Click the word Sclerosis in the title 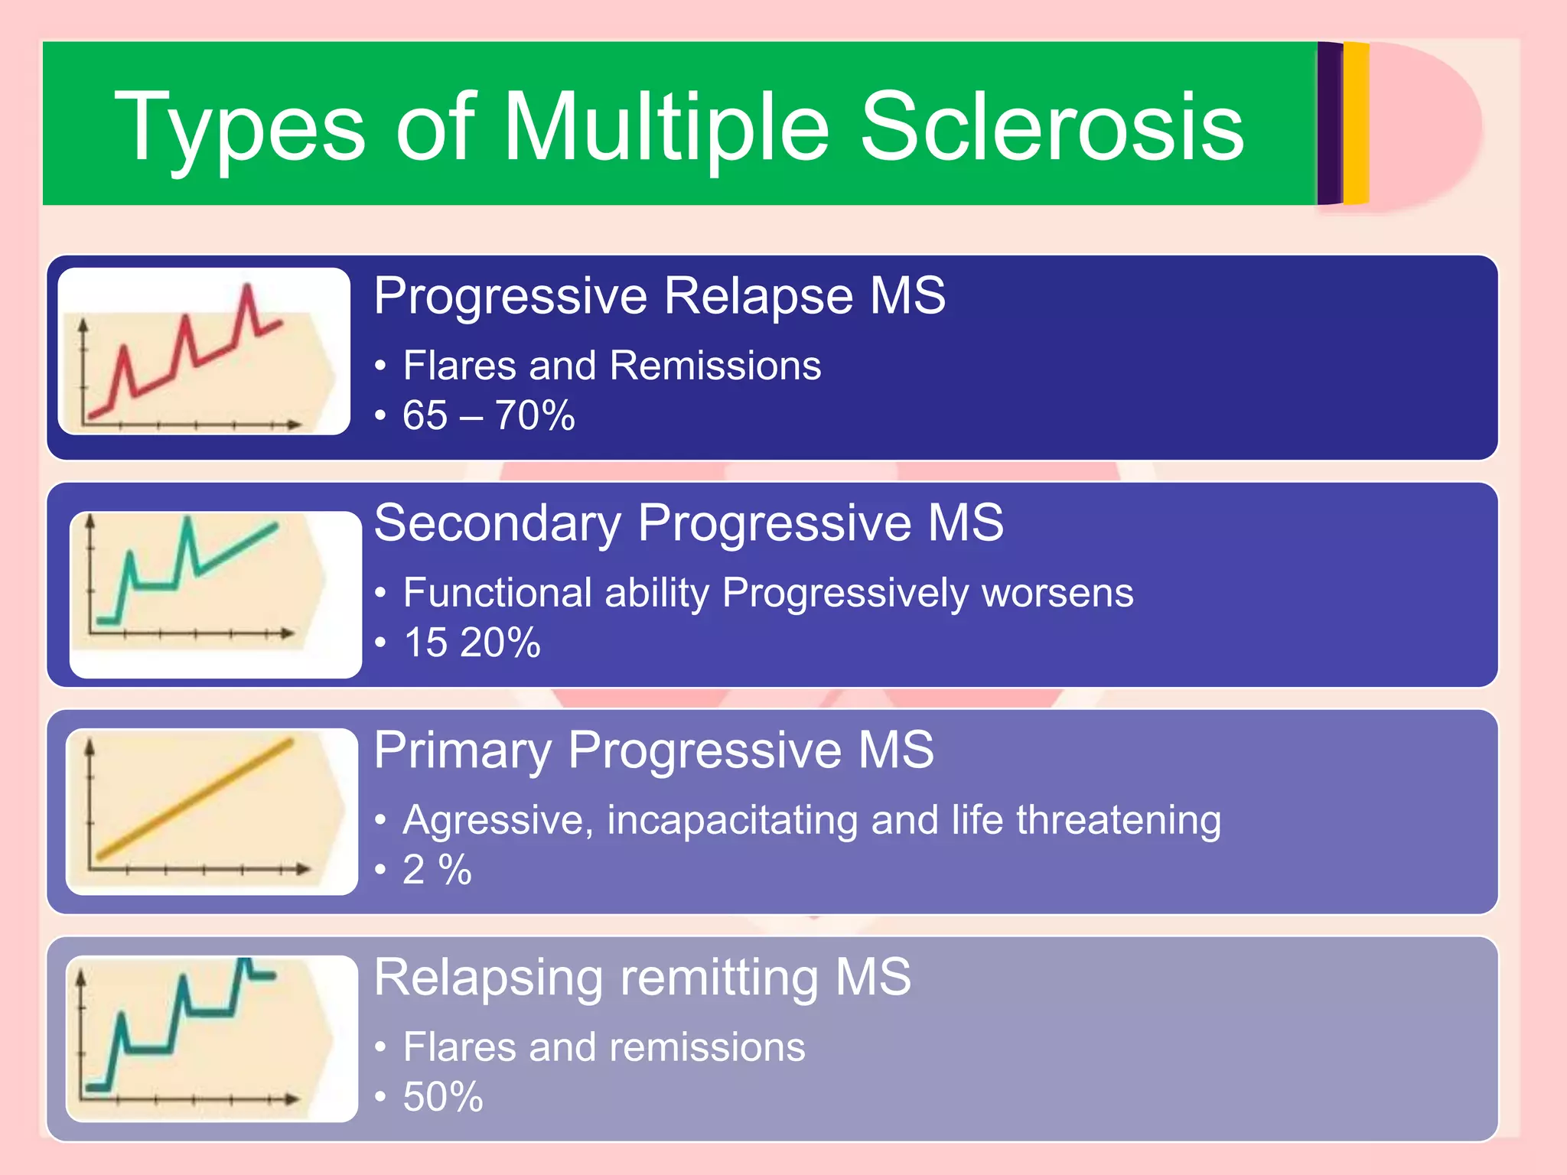1052,127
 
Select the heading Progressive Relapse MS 660,296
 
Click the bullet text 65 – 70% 488,416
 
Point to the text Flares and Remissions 611,366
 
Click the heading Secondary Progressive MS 689,523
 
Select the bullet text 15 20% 471,643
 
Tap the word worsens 1057,593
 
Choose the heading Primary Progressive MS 654,750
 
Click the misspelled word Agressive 497,820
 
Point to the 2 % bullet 437,870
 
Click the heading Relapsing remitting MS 643,978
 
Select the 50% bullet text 443,1097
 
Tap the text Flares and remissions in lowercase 604,1047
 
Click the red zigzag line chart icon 204,352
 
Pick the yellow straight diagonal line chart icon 211,812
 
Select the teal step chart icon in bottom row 211,1038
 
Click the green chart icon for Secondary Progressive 215,594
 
